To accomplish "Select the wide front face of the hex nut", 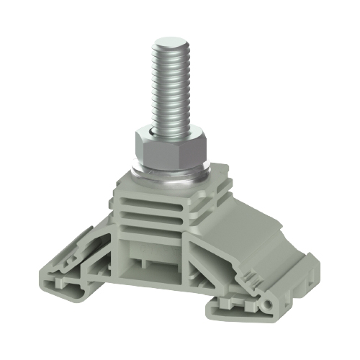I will click(x=167, y=153).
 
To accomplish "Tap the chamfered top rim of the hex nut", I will click(x=170, y=134).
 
